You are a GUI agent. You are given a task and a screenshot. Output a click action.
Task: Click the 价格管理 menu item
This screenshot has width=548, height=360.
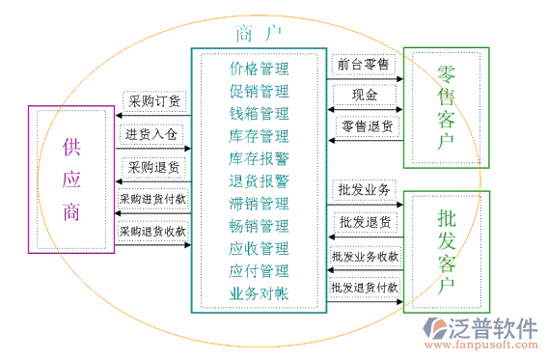click(259, 69)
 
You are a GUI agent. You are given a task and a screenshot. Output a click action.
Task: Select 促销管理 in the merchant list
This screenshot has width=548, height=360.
click(259, 92)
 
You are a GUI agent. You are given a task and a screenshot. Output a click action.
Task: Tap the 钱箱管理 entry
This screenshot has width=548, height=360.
click(259, 114)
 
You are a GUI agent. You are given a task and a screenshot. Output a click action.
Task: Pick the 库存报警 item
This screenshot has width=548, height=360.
click(259, 158)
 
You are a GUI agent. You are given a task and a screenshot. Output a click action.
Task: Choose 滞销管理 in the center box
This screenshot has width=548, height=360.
click(259, 204)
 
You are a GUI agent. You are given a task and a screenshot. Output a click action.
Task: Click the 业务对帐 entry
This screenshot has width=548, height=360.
click(259, 292)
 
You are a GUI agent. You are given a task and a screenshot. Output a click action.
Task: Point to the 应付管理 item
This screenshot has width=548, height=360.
click(259, 270)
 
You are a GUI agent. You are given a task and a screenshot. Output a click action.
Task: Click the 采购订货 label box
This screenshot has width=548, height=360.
click(154, 100)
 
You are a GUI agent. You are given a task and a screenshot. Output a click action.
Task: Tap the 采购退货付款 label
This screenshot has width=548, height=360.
click(152, 200)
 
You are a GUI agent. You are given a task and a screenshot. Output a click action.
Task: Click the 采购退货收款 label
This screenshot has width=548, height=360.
click(152, 232)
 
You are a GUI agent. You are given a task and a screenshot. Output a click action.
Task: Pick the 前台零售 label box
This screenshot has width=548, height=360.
click(363, 64)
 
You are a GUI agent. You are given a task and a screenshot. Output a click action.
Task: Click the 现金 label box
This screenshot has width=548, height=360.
click(364, 96)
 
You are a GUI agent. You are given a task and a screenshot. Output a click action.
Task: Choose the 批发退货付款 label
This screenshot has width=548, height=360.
click(365, 287)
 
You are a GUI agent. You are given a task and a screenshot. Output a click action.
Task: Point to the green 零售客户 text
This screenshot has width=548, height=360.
click(446, 107)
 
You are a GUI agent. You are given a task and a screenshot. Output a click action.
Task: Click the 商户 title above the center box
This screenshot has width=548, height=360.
click(258, 33)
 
